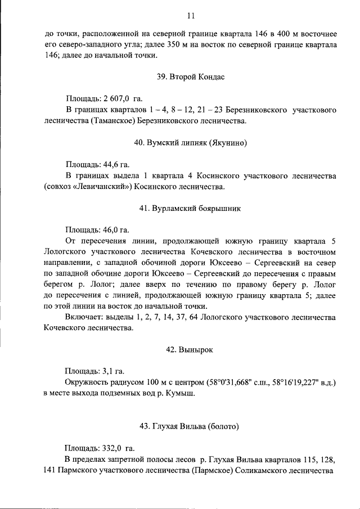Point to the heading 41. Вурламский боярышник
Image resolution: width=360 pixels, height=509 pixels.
(190, 209)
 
